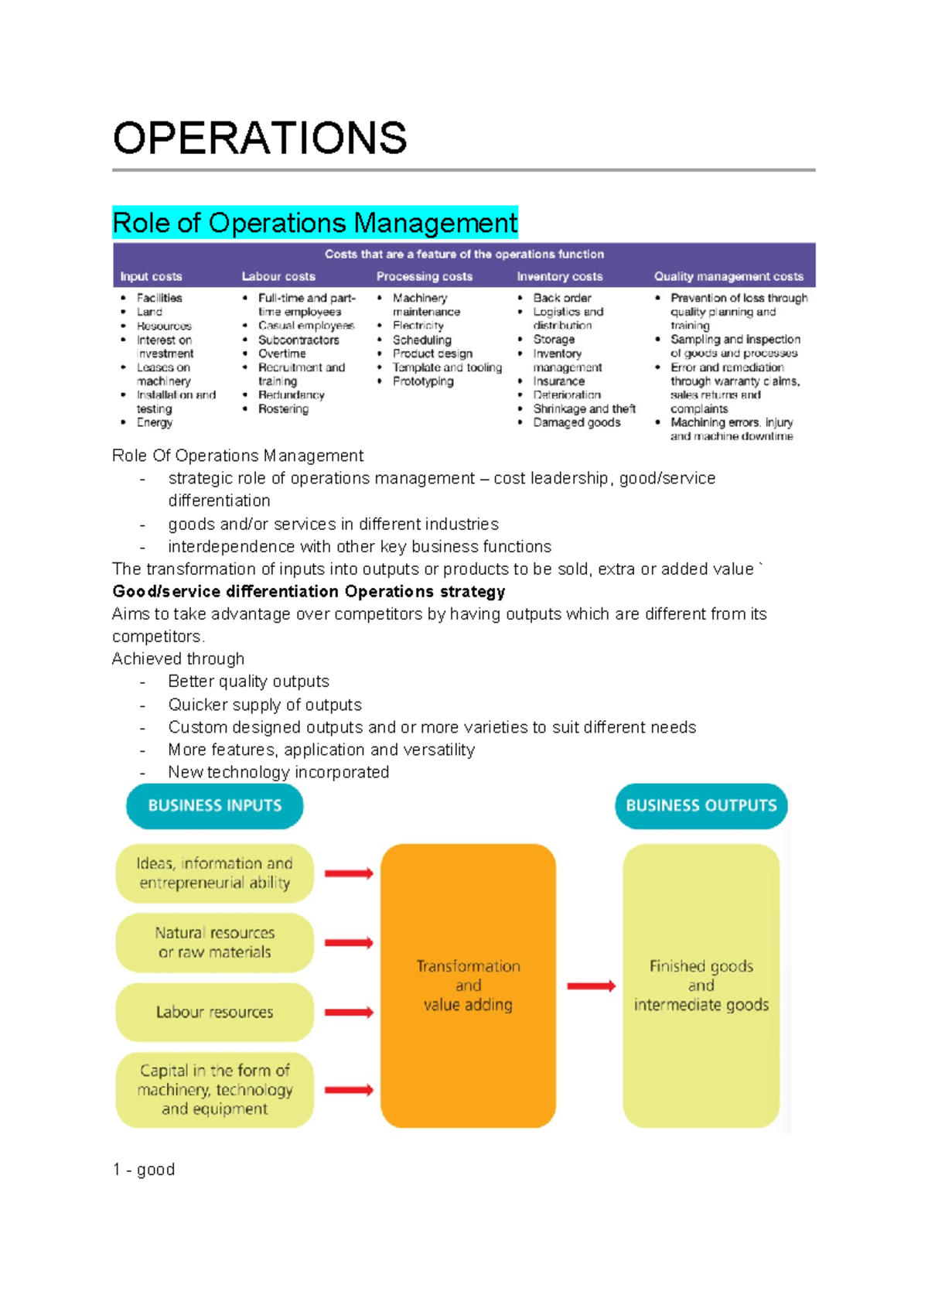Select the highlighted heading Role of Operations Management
[315, 223]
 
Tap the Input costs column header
[151, 276]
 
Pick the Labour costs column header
[278, 276]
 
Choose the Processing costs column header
[424, 276]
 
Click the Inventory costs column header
[559, 276]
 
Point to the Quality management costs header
[728, 276]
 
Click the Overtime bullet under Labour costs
[281, 354]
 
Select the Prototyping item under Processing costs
[423, 381]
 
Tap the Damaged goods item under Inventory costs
[576, 422]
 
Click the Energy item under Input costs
[155, 422]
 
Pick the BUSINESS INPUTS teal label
[214, 805]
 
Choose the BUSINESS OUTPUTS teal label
[701, 805]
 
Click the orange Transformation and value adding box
[468, 985]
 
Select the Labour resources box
[214, 1012]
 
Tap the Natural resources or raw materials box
[214, 942]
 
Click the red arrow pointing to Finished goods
[591, 986]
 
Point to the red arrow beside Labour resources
[349, 1013]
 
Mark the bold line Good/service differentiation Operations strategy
[309, 592]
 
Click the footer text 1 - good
[144, 1169]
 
